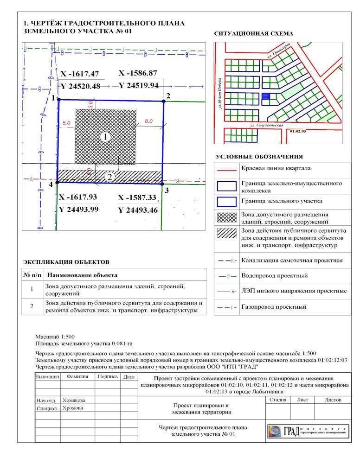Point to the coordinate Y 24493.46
click(139, 210)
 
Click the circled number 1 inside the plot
click(105, 137)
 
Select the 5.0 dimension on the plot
click(66, 123)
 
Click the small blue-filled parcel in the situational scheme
click(266, 96)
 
